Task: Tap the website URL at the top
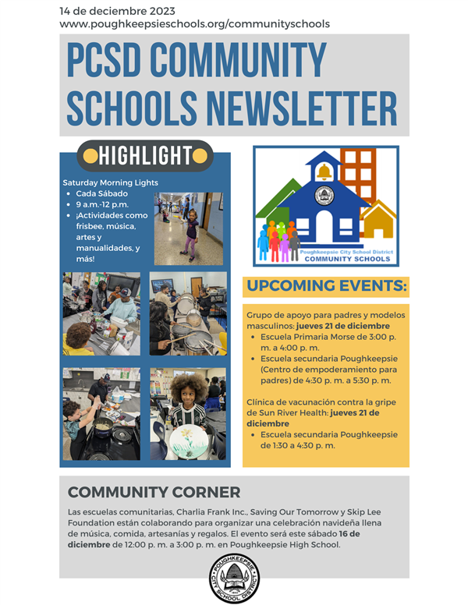tap(194, 24)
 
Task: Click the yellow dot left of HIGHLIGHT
tap(90, 156)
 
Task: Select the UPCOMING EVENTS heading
tap(326, 287)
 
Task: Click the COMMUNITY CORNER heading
tap(154, 492)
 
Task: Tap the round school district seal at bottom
tap(234, 578)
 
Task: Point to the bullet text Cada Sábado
tap(102, 193)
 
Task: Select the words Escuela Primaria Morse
tap(312, 339)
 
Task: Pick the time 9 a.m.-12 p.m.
tap(105, 204)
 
